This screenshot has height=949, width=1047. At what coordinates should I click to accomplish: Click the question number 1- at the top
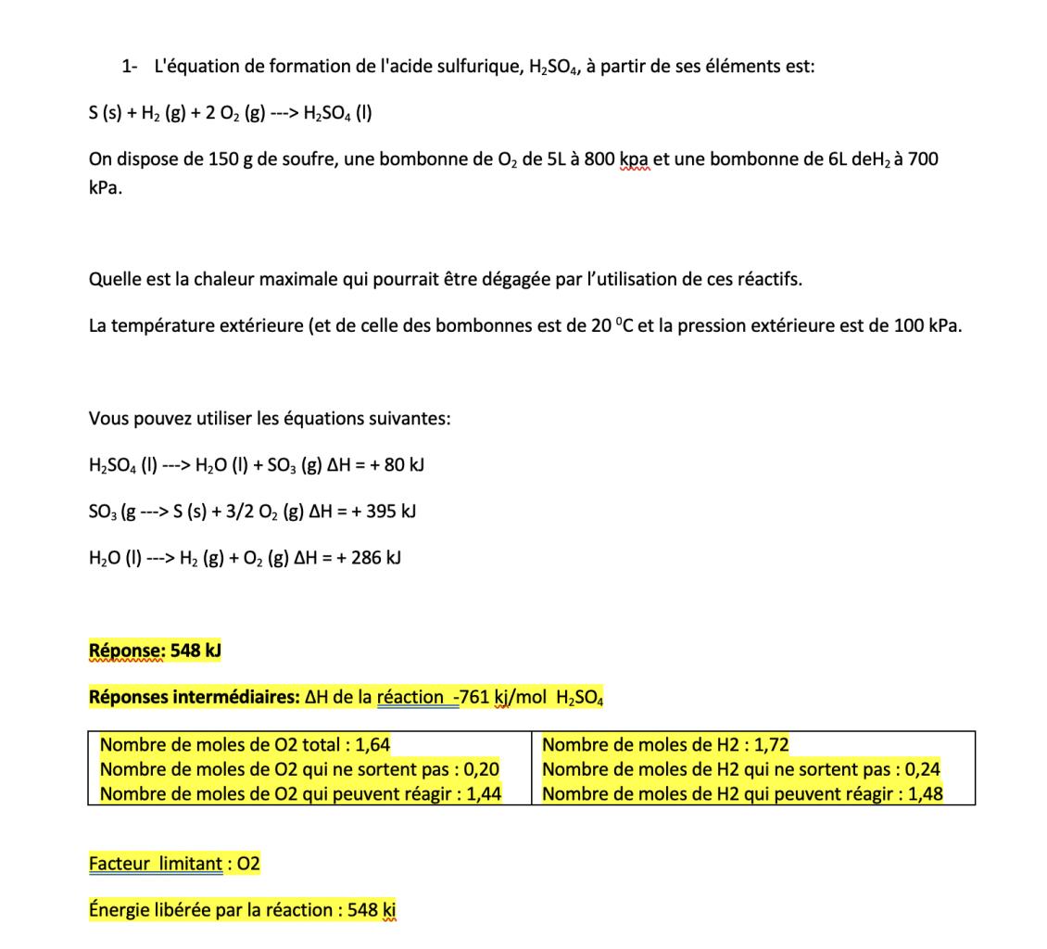click(130, 67)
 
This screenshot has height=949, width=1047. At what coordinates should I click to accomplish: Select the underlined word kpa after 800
click(634, 159)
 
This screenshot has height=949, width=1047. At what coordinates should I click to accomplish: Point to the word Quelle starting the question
click(114, 280)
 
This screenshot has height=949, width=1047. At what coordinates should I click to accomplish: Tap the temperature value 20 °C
click(612, 326)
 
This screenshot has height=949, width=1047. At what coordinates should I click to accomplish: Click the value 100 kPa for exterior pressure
click(927, 326)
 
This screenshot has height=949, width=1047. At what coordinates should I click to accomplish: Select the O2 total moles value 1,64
click(373, 745)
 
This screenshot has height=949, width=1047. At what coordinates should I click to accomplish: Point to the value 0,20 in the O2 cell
click(482, 769)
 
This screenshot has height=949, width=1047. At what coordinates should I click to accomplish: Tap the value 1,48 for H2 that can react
click(926, 794)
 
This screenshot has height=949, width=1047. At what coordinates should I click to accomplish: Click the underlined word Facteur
click(121, 864)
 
